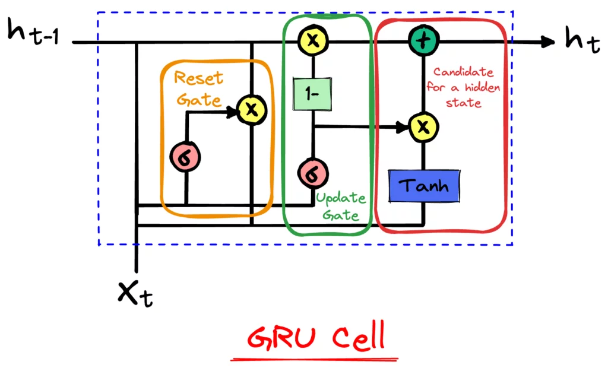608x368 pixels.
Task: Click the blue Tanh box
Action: [424, 186]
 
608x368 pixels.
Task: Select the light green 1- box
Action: [312, 94]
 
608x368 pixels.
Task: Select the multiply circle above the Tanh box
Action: [423, 126]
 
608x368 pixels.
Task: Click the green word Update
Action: [341, 199]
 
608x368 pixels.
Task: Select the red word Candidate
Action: [463, 72]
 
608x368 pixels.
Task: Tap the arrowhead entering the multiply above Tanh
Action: [406, 126]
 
